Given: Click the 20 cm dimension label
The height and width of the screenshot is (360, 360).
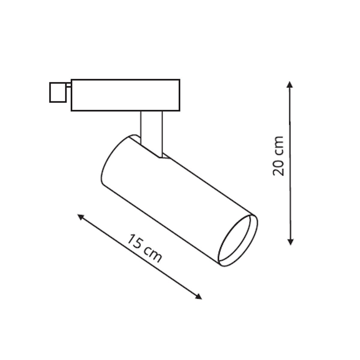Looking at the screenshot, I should pos(278,156).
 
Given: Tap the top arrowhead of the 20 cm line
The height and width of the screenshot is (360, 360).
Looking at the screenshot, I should pos(289,84).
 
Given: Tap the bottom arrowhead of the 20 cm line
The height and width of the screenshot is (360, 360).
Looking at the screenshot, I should pos(290,241).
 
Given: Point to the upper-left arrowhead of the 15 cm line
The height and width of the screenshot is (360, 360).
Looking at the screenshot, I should pos(80,216).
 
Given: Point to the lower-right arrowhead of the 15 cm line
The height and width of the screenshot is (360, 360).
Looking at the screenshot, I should pos(199,297).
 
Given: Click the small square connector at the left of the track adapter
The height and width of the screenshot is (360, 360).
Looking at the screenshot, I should pos(57,92).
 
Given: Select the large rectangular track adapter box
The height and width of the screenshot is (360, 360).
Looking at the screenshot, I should pos(125,95).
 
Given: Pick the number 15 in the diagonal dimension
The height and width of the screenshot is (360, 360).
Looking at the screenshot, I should pos(135,241).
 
